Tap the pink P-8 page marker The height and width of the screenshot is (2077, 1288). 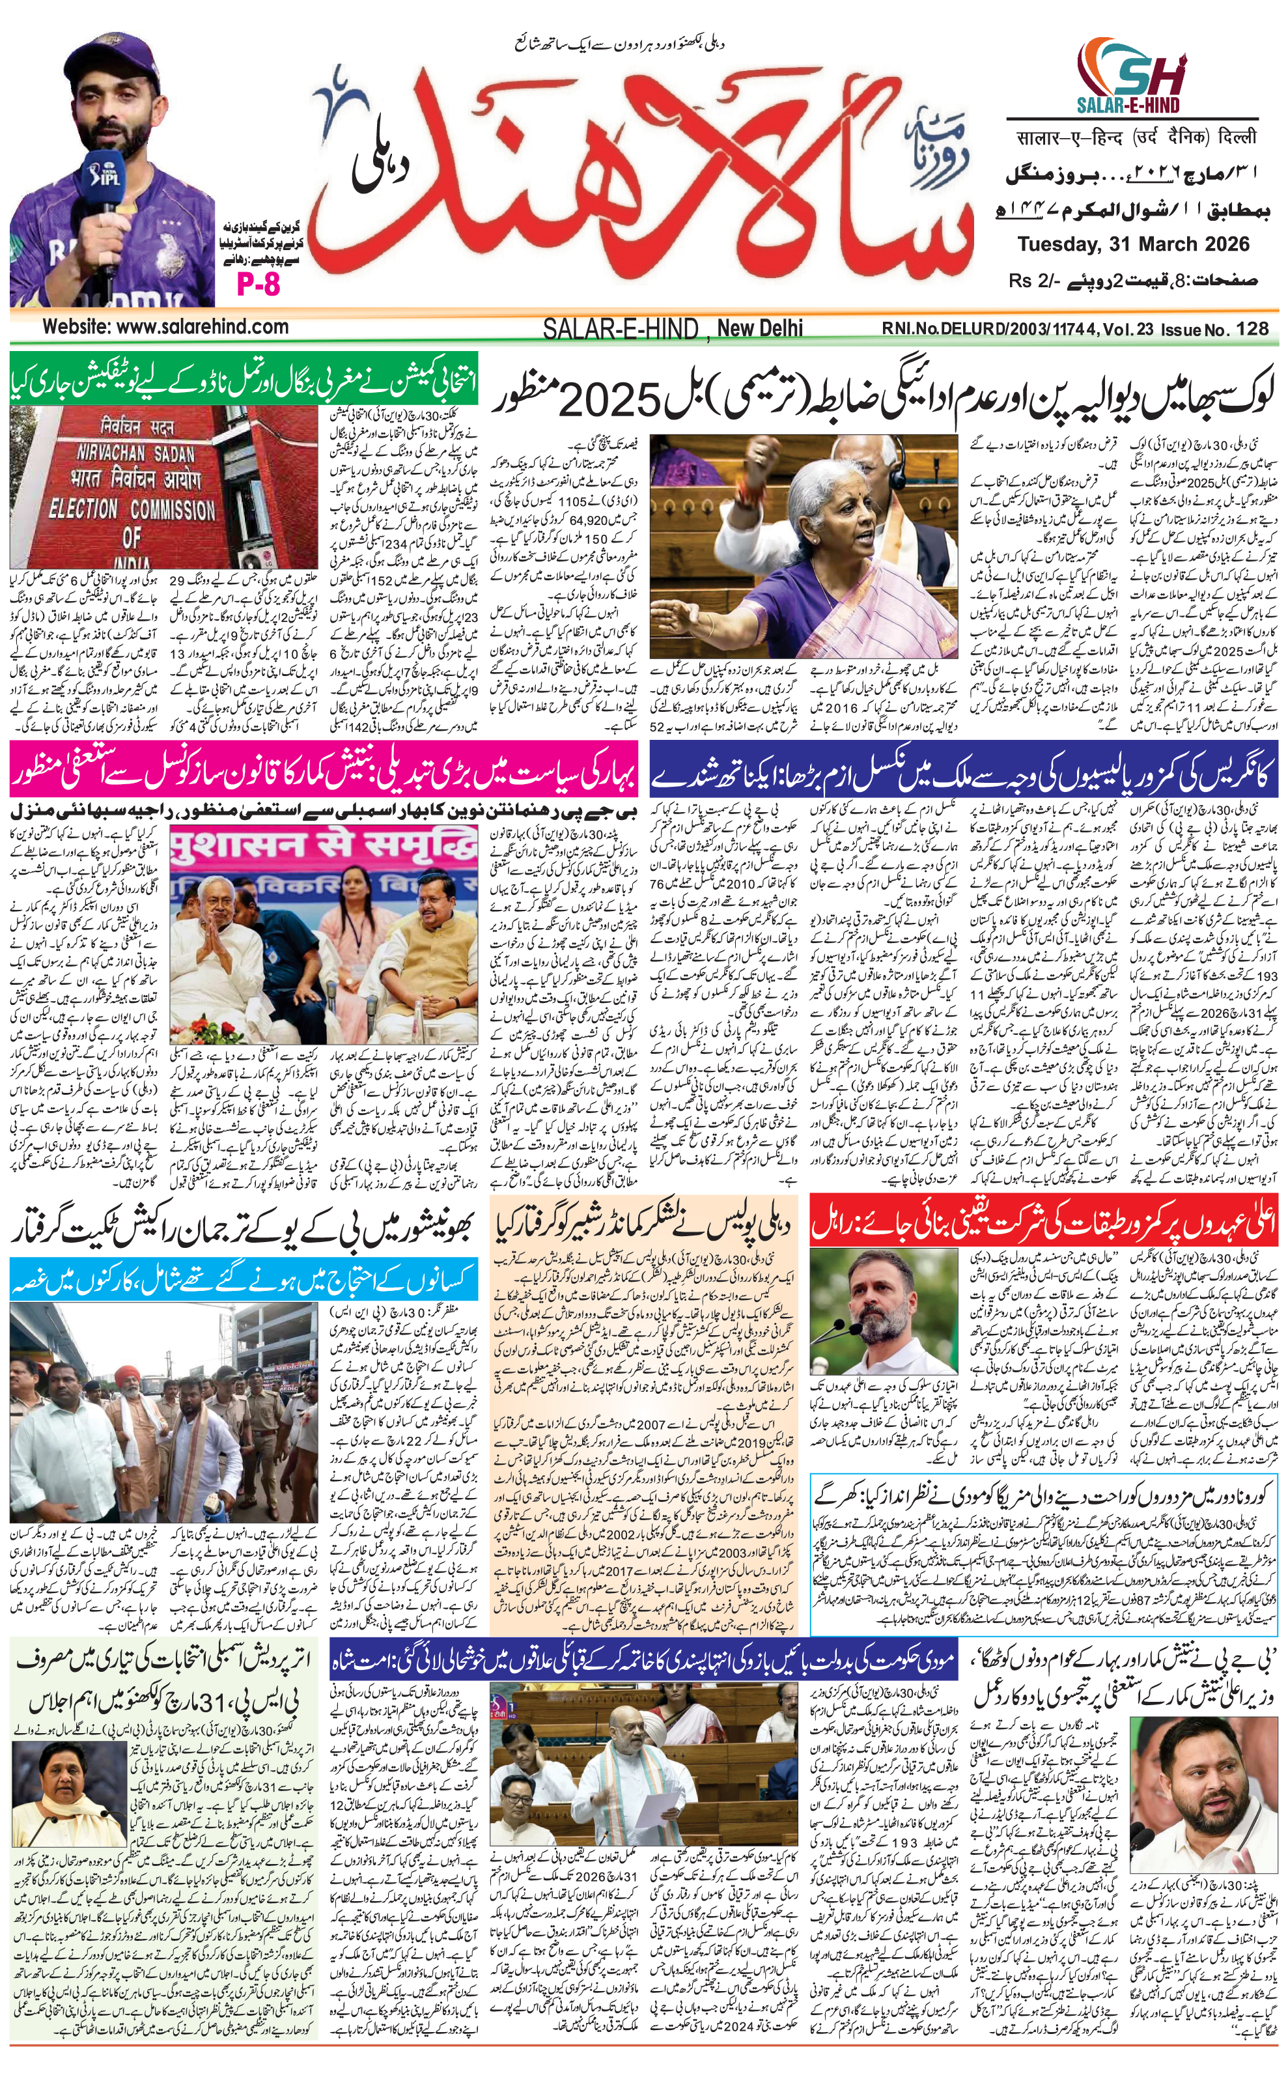(x=258, y=285)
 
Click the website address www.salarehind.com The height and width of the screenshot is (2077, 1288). (x=165, y=326)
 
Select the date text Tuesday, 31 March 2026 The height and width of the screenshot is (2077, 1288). (x=1133, y=244)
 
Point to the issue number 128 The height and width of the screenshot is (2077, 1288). (x=1250, y=328)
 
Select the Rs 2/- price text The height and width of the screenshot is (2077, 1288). (x=1035, y=280)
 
